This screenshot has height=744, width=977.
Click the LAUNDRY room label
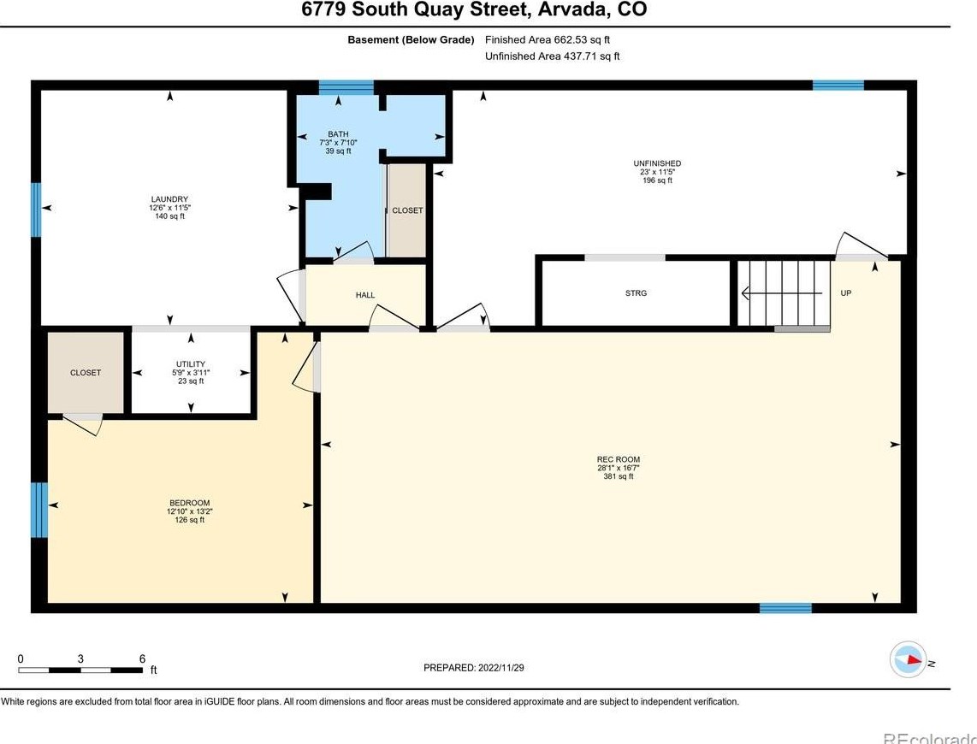coord(169,199)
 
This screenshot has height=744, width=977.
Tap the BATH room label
coord(338,134)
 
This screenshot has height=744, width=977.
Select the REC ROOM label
coord(618,459)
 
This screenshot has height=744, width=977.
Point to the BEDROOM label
coord(189,503)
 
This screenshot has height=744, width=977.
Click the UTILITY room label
coord(191,364)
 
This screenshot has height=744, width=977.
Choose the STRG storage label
coord(637,292)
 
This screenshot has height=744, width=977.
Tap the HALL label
coord(365,295)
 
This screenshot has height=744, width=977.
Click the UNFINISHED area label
coord(657,163)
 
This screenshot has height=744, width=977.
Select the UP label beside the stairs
coord(845,292)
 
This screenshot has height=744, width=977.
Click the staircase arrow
coord(781,292)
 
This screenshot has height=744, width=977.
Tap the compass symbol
coord(908,659)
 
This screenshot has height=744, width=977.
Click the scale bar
coord(80,670)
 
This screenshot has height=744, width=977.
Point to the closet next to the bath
coord(407,210)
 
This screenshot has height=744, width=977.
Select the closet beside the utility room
coord(86,372)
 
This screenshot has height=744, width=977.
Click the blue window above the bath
coord(346,86)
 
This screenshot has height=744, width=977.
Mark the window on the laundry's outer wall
coord(36,210)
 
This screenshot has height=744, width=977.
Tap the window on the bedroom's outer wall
coord(39,510)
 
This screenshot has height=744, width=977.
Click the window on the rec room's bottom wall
coord(785,608)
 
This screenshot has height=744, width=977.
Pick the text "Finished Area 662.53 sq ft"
coord(548,40)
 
